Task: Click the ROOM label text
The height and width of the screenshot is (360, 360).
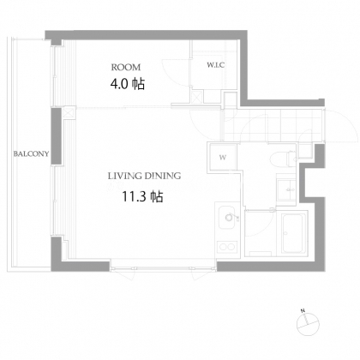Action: click(x=126, y=68)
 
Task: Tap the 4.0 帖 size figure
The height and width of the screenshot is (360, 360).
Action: click(x=128, y=84)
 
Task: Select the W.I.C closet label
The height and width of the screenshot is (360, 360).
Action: click(x=216, y=65)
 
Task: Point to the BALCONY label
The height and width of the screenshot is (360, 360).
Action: click(x=31, y=153)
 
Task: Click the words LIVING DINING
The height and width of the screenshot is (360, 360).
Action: click(x=144, y=176)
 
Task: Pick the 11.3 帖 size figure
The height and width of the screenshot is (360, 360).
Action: click(x=142, y=196)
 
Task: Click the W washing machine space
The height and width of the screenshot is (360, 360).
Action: click(x=223, y=158)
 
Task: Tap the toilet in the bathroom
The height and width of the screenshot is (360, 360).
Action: click(x=284, y=159)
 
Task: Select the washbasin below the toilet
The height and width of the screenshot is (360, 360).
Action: click(x=286, y=189)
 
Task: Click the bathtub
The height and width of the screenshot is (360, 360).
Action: click(x=294, y=233)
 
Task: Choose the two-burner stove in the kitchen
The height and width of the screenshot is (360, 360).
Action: click(x=227, y=247)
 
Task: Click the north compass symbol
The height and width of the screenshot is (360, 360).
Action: click(x=308, y=324)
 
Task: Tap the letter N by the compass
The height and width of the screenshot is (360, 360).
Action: click(x=303, y=310)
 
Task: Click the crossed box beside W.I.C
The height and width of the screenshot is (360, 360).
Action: click(x=197, y=96)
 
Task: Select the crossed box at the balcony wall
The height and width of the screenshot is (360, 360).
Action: click(x=69, y=112)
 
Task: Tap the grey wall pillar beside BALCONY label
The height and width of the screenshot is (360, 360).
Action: click(x=57, y=136)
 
